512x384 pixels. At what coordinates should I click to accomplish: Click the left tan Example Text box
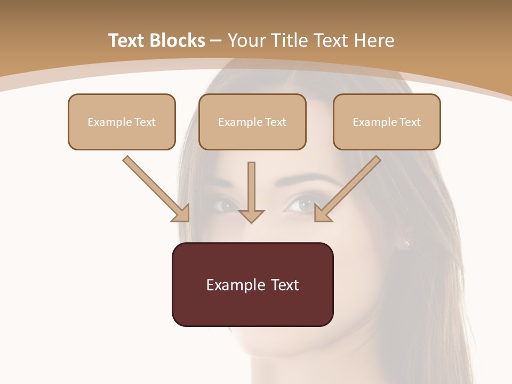click(x=122, y=122)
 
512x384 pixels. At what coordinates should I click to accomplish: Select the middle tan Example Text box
click(x=252, y=122)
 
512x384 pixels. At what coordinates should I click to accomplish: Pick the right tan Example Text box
click(x=387, y=122)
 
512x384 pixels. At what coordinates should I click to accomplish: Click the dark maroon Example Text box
click(x=252, y=284)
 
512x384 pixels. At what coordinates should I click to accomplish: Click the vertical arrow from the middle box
click(x=251, y=192)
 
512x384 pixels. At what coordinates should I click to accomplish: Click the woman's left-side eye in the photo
click(x=226, y=204)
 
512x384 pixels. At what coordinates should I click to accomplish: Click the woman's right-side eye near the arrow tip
click(x=302, y=204)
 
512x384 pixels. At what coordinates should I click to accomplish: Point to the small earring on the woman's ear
click(x=407, y=243)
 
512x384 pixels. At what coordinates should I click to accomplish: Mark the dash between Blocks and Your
click(x=216, y=41)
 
